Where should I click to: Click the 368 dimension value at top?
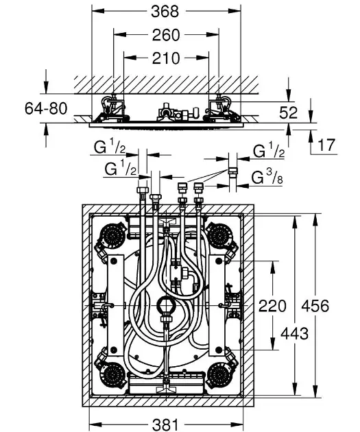tap(165, 11)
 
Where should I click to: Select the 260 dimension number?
tap(166, 35)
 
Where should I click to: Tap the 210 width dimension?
tap(166, 58)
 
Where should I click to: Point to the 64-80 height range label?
tap(46, 108)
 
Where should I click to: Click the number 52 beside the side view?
tap(289, 112)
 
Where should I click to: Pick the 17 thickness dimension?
tap(326, 145)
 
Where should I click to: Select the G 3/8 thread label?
tap(267, 178)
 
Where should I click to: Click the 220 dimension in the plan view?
tap(272, 306)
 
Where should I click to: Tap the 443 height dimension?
tap(294, 334)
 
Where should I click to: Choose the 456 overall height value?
tap(315, 306)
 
